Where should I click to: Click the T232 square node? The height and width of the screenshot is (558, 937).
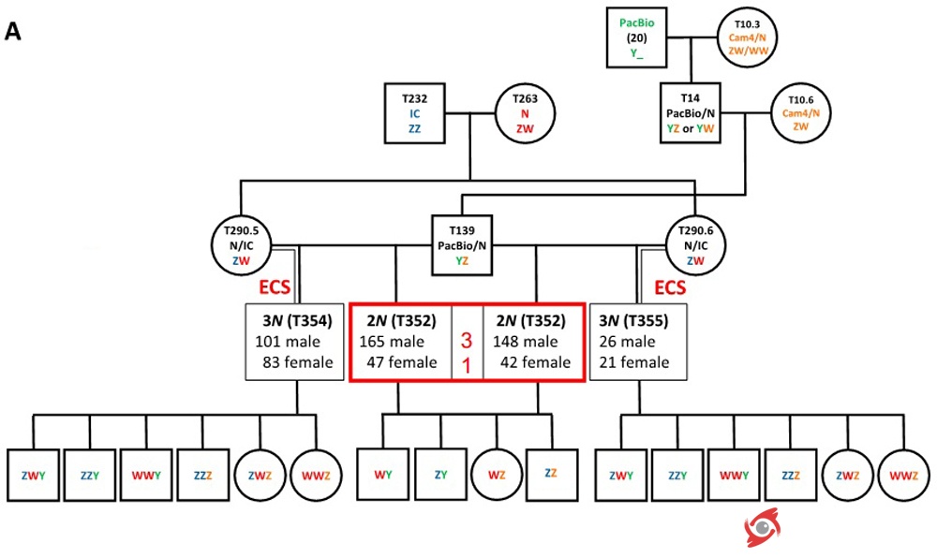coord(414,113)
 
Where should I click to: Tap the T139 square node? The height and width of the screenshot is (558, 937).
coord(460,245)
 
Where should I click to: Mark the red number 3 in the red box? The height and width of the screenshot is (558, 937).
coord(467,342)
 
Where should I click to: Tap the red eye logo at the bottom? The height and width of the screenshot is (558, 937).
coord(763,529)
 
